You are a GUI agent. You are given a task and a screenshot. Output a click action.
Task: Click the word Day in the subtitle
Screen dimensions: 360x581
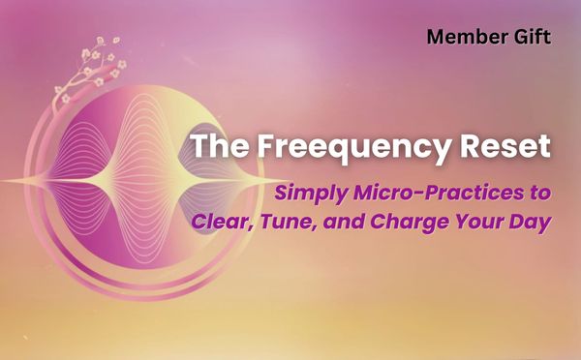pyautogui.click(x=532, y=222)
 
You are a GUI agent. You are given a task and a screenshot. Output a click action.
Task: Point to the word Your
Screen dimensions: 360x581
pyautogui.click(x=491, y=222)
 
